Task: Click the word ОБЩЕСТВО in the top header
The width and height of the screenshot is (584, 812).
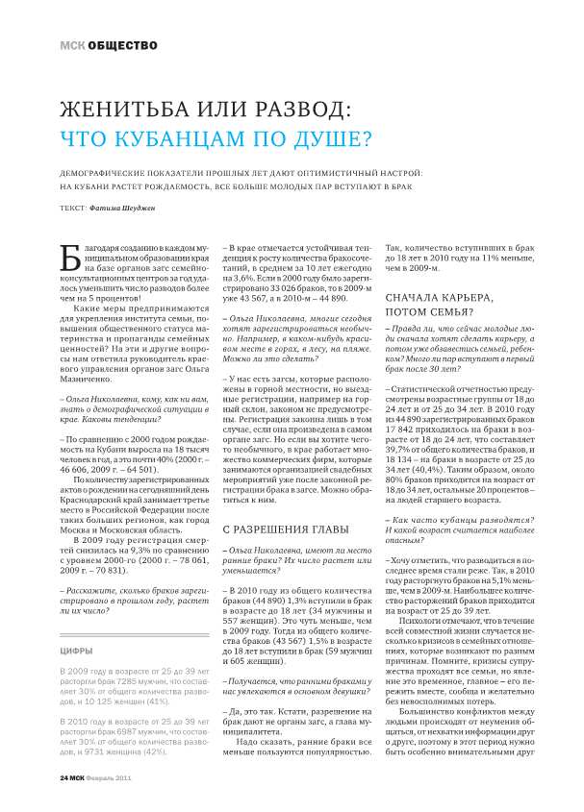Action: coord(118,44)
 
